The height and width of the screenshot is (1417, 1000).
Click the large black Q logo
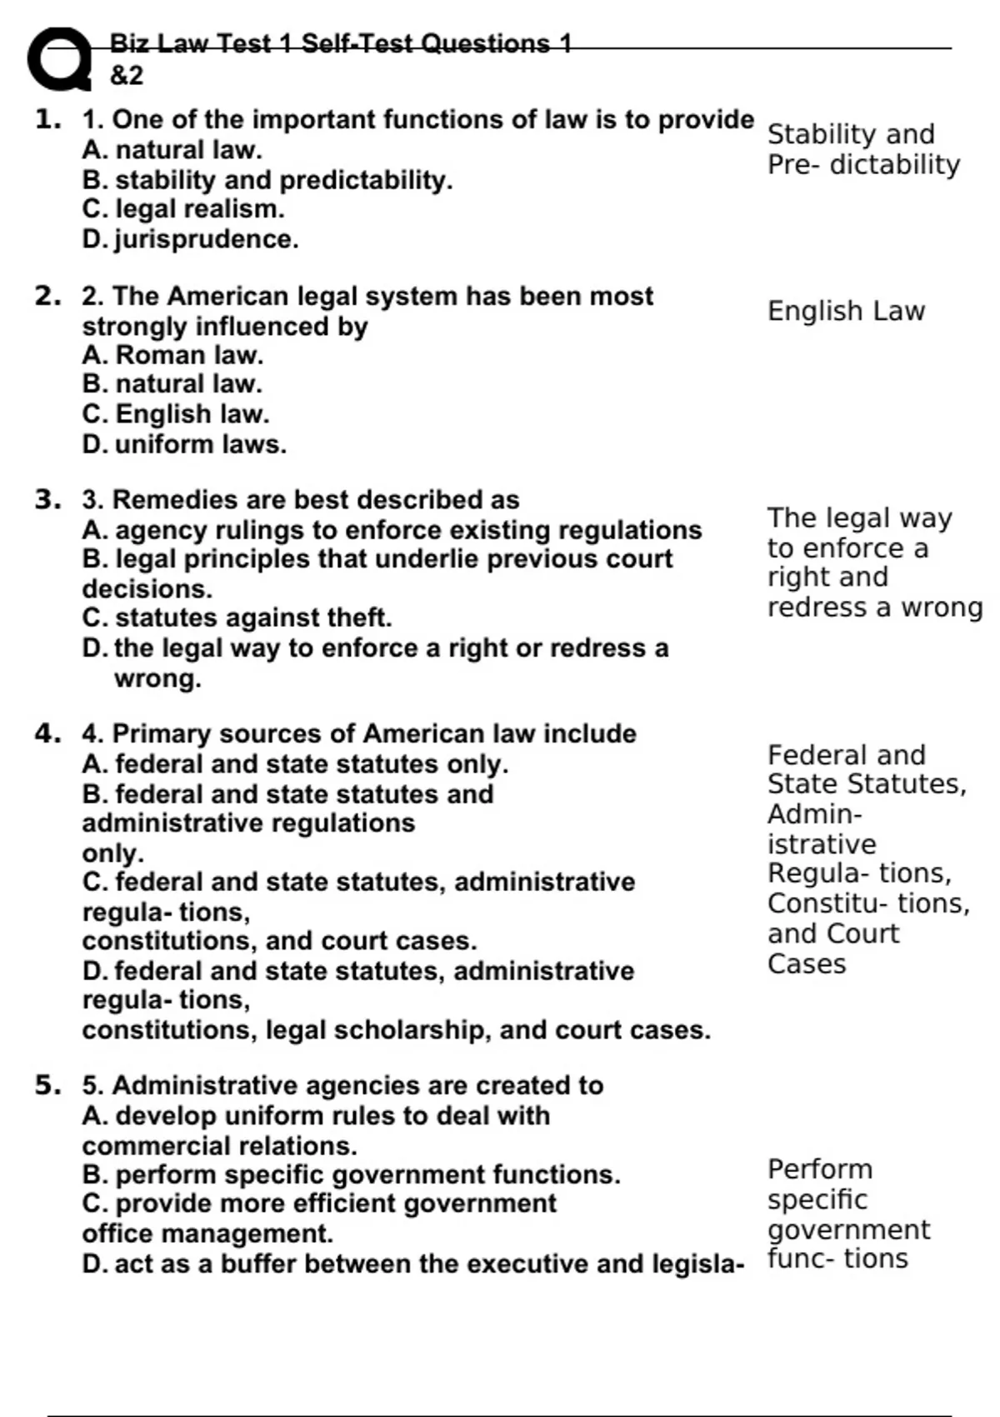(59, 59)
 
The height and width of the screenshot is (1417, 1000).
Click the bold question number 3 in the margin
(47, 499)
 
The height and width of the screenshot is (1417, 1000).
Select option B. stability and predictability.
(267, 180)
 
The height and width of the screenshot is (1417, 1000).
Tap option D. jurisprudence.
(190, 239)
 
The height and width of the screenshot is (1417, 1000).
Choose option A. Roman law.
(172, 355)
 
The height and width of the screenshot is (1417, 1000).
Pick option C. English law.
(176, 413)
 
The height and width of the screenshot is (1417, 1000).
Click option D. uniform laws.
(184, 444)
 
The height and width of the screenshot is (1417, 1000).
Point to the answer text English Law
(846, 311)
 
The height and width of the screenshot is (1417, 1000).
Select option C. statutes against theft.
(237, 618)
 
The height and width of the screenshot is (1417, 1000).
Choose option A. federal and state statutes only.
(295, 764)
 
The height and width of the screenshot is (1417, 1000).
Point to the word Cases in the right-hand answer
(806, 964)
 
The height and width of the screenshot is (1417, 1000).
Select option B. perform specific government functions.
(351, 1174)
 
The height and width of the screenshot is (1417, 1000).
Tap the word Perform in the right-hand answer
(819, 1169)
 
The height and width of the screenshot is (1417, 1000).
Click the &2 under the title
(127, 76)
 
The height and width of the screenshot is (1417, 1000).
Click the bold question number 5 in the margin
(47, 1085)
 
